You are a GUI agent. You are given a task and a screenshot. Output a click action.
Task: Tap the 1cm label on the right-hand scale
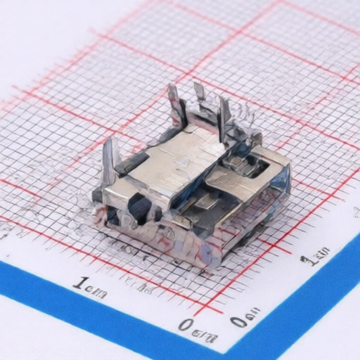315,257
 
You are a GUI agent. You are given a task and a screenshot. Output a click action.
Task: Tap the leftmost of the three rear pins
174,105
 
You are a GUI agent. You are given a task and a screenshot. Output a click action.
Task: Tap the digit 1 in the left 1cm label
77,283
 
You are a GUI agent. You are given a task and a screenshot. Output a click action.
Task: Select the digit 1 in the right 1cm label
306,262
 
